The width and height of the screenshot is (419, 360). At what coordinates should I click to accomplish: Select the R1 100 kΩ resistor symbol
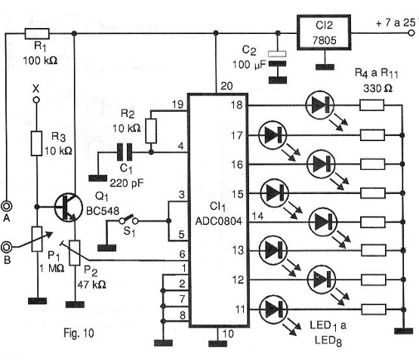[37, 34]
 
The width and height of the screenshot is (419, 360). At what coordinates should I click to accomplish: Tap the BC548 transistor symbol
[69, 207]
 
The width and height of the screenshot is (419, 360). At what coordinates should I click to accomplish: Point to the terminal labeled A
[6, 206]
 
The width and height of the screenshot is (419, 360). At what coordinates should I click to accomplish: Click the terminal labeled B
[6, 248]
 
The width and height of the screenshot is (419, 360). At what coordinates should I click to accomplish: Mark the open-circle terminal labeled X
[36, 100]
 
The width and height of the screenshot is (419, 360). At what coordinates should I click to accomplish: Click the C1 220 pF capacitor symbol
[125, 152]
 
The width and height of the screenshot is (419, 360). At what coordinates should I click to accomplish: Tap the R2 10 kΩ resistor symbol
[151, 131]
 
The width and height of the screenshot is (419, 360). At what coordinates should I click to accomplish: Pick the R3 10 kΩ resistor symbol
[36, 143]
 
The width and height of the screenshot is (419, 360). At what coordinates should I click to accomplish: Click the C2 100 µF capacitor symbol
[277, 59]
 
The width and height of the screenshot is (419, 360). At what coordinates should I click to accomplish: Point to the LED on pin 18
[319, 105]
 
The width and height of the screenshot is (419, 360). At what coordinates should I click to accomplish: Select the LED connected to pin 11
[273, 309]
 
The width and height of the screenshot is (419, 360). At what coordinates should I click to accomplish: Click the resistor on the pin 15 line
[372, 193]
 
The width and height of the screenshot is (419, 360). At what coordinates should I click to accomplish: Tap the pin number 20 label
[226, 86]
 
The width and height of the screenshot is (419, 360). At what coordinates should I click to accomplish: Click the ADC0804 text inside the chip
[219, 221]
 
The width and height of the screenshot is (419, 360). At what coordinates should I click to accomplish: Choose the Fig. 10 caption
[79, 333]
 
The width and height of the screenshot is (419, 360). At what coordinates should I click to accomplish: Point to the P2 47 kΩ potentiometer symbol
[75, 253]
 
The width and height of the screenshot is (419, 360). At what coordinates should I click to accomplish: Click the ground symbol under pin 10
[217, 343]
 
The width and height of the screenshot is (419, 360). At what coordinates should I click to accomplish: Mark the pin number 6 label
[182, 254]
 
